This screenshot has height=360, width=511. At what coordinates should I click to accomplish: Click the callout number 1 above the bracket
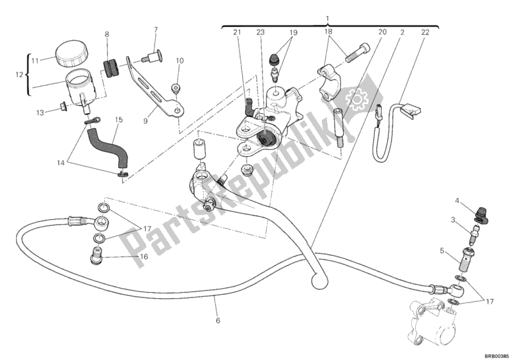(328, 18)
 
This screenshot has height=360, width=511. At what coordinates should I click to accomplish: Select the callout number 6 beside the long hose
(218, 320)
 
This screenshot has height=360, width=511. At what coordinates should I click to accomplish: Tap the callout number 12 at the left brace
(18, 75)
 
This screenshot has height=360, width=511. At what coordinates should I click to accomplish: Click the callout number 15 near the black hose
(118, 119)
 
